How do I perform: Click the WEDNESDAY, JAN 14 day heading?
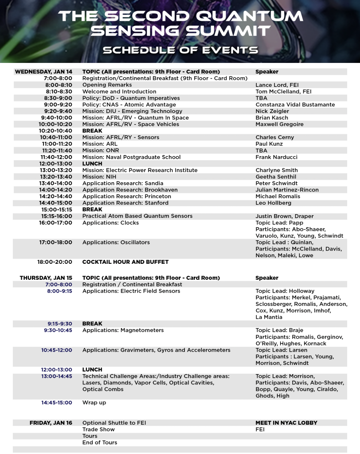43,72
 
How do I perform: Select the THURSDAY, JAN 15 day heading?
46,278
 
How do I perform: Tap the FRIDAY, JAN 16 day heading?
51,423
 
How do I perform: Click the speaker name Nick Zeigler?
272,111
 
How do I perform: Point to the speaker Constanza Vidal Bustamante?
295,105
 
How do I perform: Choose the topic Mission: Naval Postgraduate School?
131,157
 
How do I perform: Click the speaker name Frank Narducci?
276,157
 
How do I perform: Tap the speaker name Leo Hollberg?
274,203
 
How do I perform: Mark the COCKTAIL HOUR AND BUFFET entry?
125,262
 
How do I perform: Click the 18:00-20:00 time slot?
55,262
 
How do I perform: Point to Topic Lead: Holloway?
285,291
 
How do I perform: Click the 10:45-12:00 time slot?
56,350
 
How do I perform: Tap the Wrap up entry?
94,403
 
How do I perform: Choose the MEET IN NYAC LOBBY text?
286,423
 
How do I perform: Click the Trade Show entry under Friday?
98,430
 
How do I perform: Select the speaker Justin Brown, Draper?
284,216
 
